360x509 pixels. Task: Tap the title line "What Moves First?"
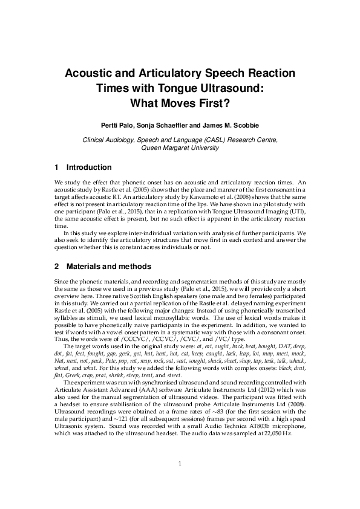coord(180,103)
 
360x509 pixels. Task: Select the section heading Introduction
coord(88,167)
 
